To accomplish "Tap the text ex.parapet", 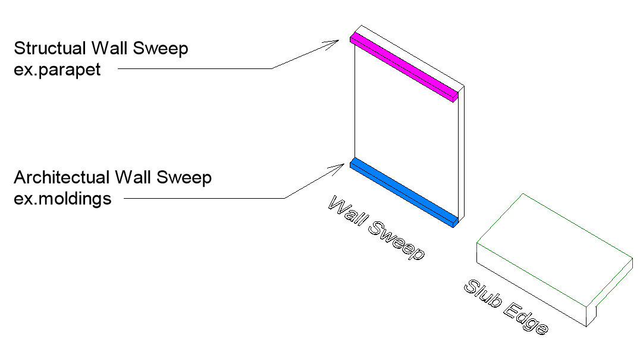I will tap(57, 69).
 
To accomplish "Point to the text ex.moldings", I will tap(62, 198).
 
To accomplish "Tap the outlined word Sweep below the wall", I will tap(399, 240).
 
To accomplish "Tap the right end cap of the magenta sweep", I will tap(455, 97).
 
